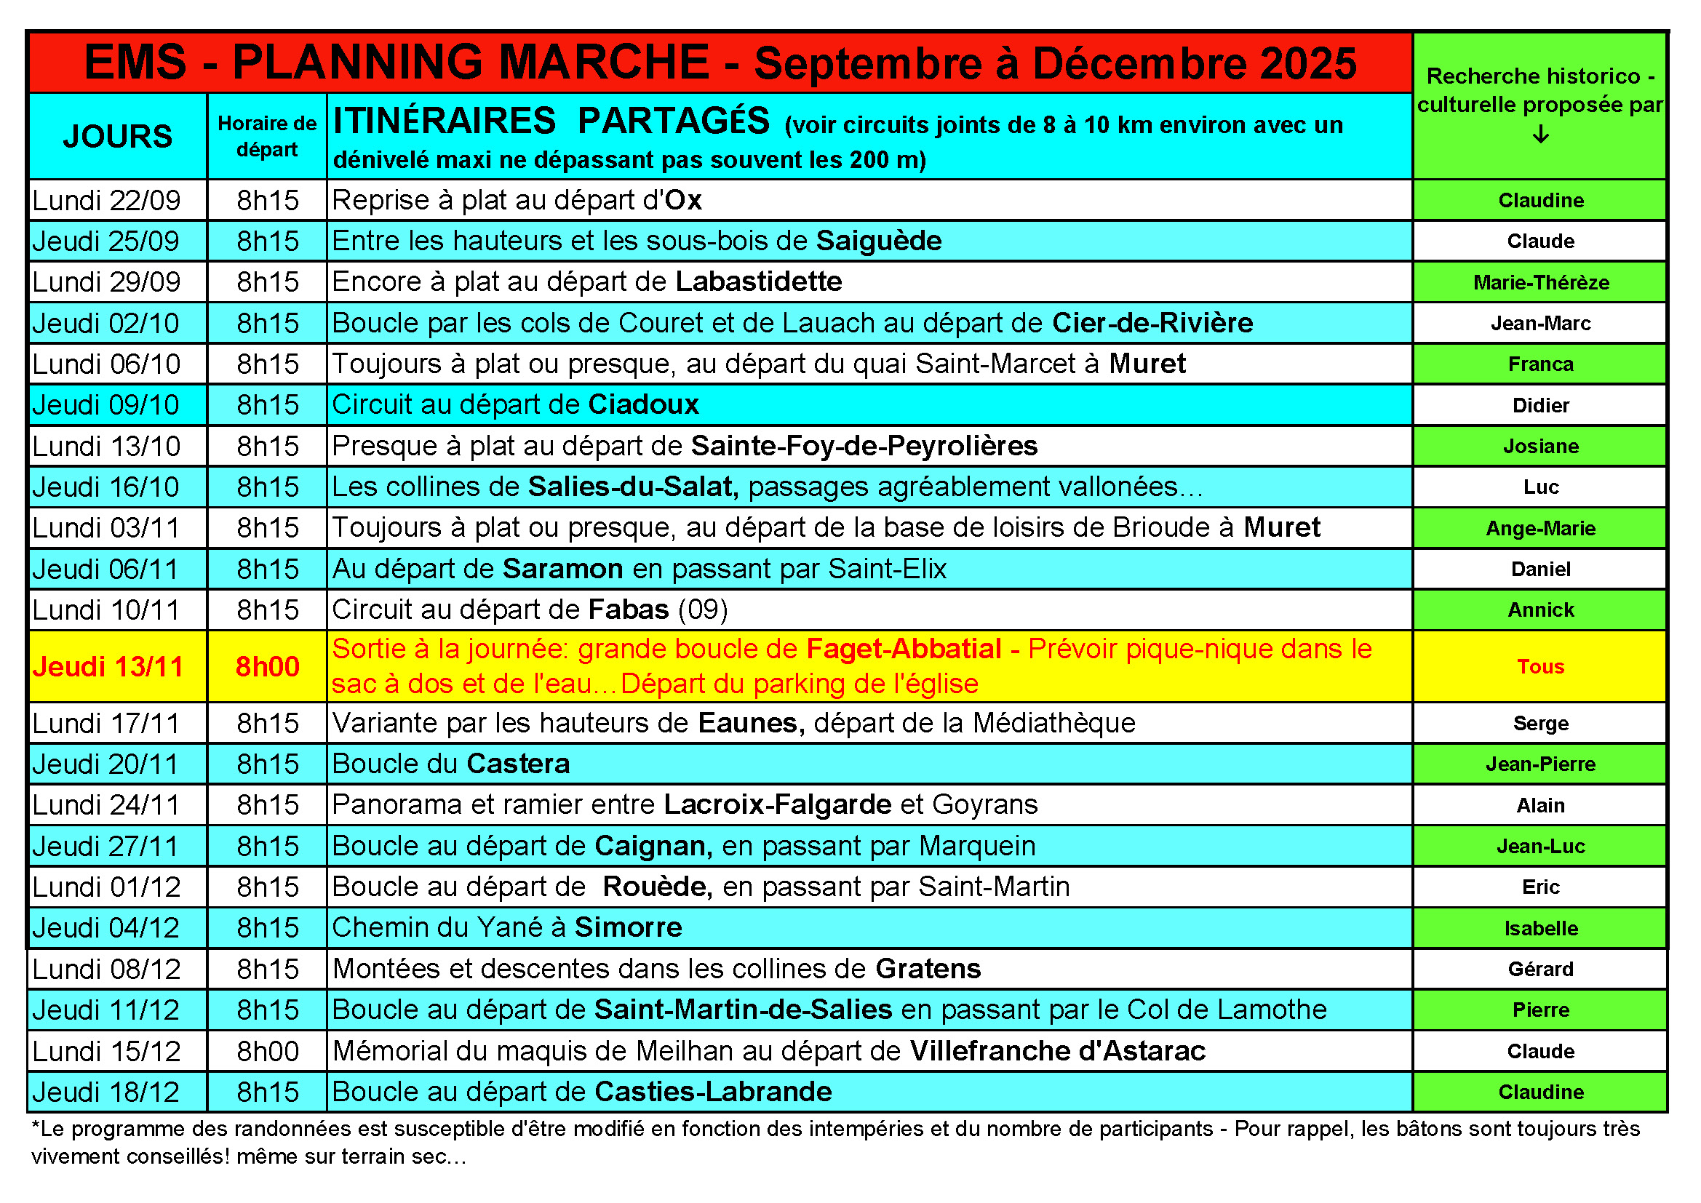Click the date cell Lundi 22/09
[x=107, y=201]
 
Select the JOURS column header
[x=118, y=136]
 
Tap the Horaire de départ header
[x=267, y=136]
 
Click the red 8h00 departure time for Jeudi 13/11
[x=268, y=667]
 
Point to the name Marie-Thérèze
[x=1540, y=283]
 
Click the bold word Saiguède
[x=879, y=241]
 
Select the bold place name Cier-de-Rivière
[x=1152, y=324]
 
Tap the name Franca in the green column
[x=1540, y=364]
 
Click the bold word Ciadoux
[x=643, y=405]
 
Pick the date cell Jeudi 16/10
[x=106, y=487]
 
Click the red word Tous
[x=1540, y=667]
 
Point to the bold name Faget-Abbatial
[x=903, y=650]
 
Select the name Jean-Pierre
[x=1540, y=764]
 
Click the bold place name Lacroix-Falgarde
[x=777, y=805]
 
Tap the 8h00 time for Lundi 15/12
[x=268, y=1052]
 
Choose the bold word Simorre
[x=629, y=928]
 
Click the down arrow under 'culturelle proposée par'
[x=1540, y=135]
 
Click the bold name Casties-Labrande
[x=713, y=1092]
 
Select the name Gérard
[x=1540, y=970]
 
